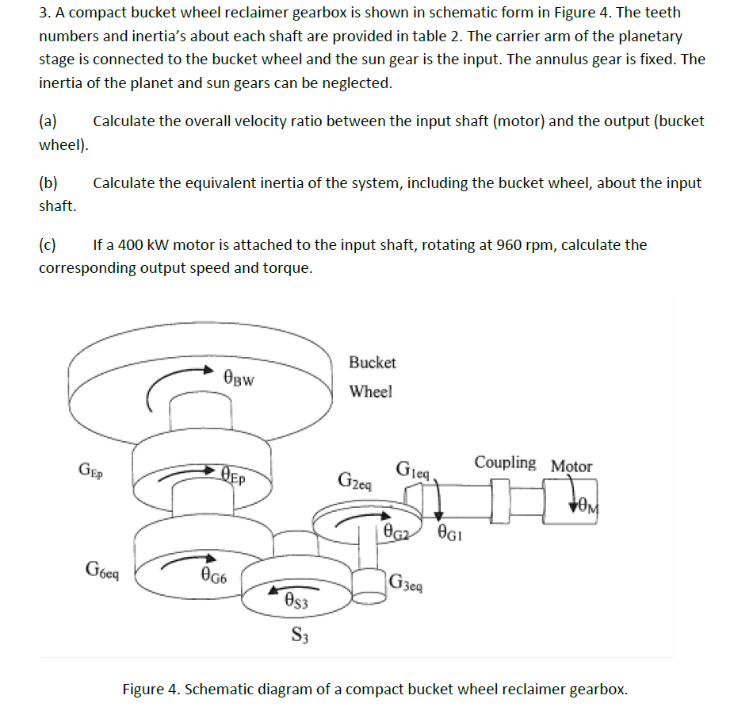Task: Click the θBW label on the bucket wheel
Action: (x=239, y=378)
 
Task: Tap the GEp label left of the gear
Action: (x=91, y=470)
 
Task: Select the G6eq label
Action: (x=101, y=570)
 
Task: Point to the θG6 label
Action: (x=214, y=574)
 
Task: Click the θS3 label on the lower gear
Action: (x=296, y=601)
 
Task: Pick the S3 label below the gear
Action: (x=300, y=635)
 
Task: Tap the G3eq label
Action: (x=406, y=582)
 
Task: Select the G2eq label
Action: (x=355, y=481)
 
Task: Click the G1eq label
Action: (x=412, y=470)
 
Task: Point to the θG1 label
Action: (x=450, y=532)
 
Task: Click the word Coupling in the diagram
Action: (x=505, y=463)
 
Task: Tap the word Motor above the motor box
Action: (x=571, y=467)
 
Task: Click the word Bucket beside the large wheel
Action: (x=373, y=362)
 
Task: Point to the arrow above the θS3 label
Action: (x=293, y=588)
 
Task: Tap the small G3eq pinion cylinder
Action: (x=369, y=586)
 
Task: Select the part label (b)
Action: (x=48, y=183)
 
